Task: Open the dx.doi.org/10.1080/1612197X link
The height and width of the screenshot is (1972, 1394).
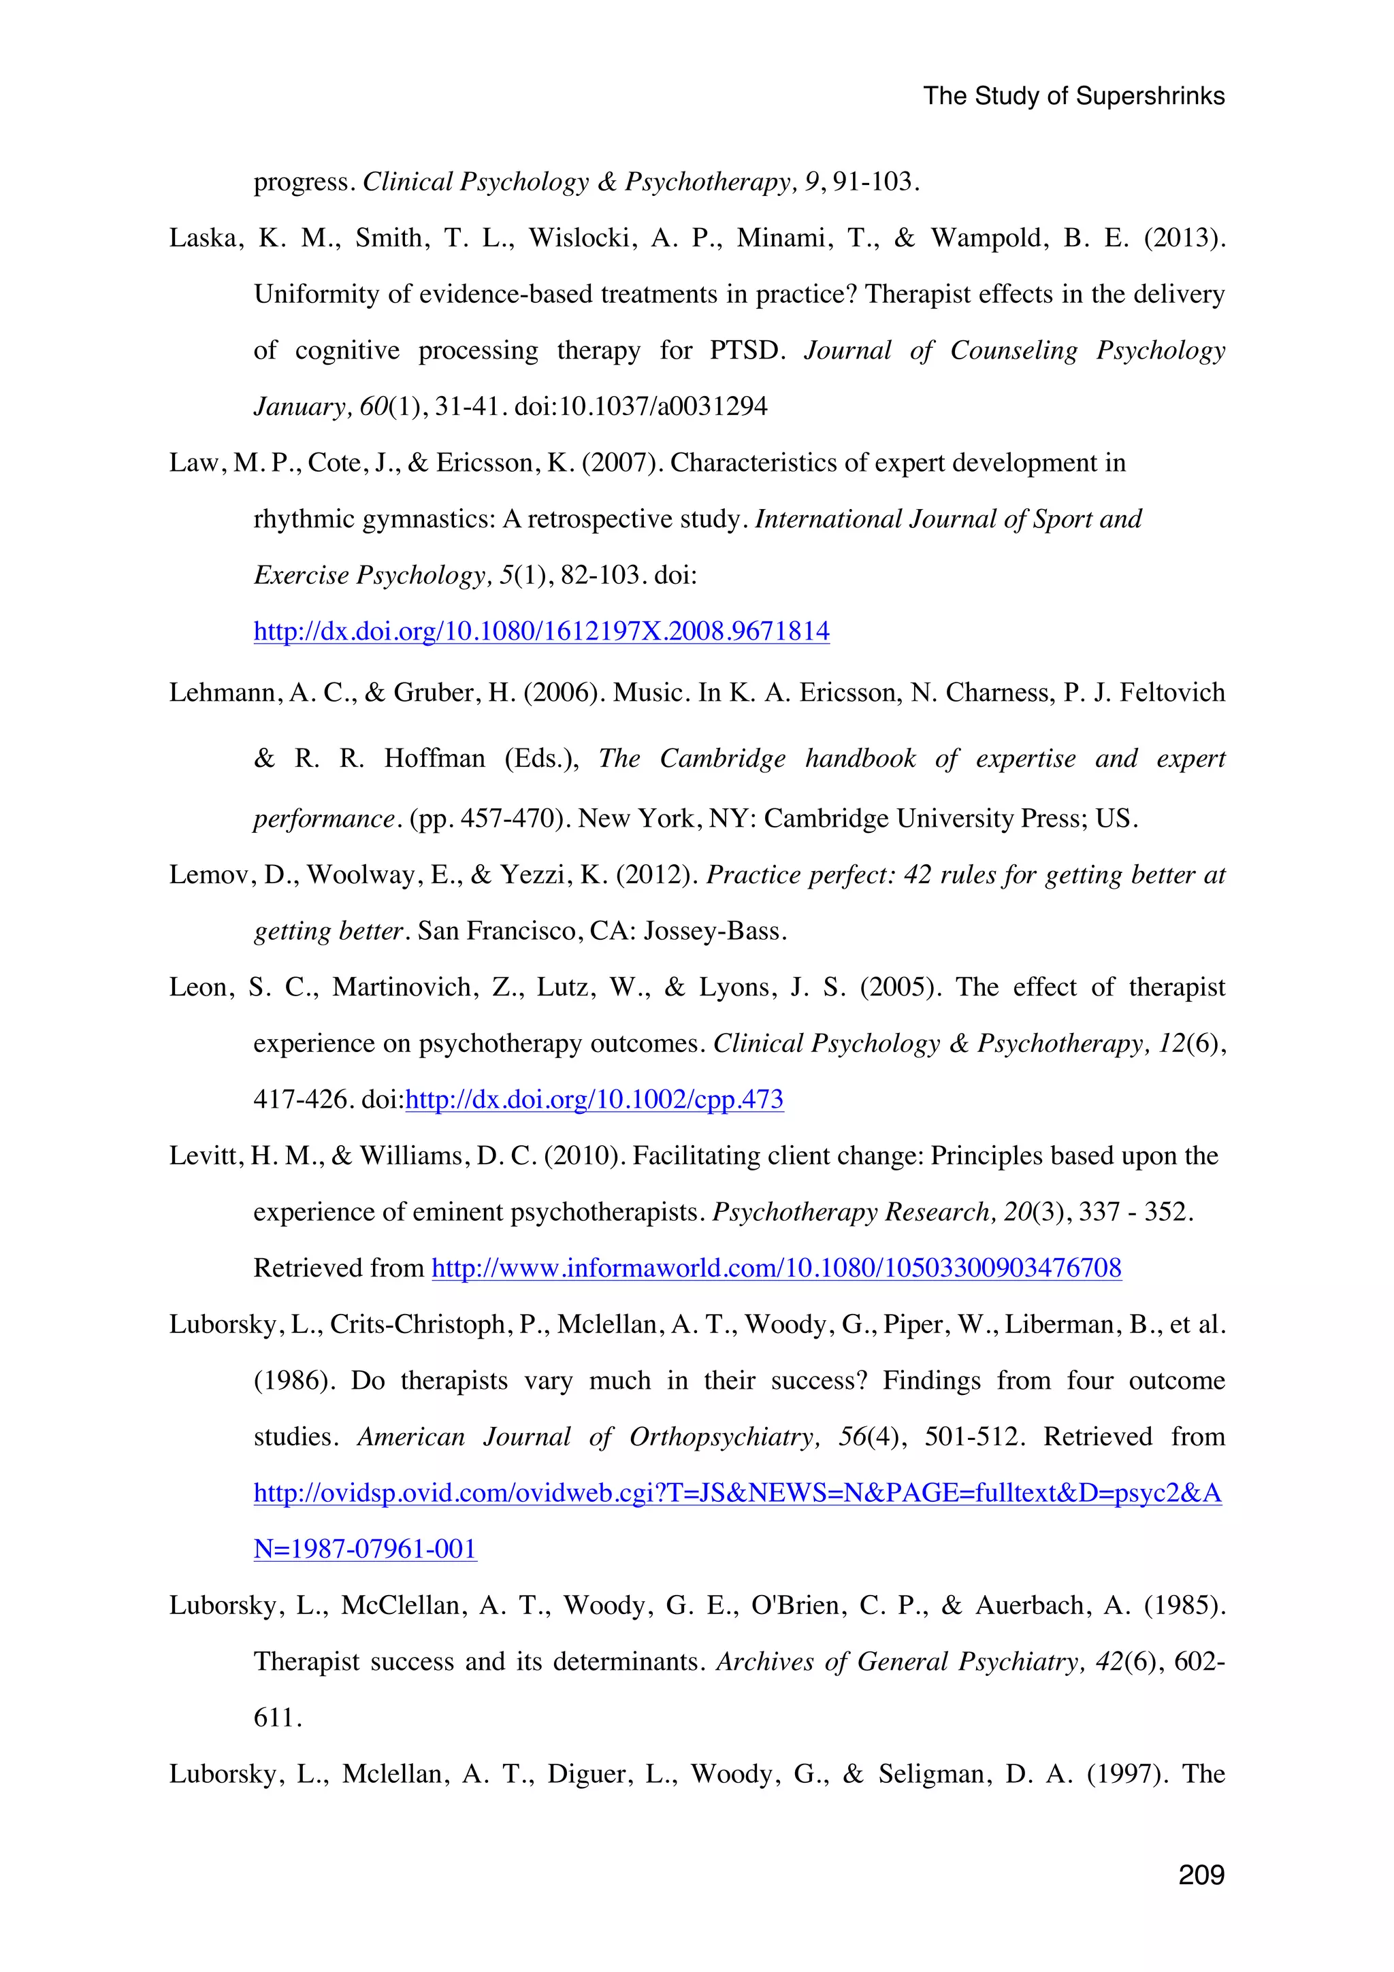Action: pos(541,631)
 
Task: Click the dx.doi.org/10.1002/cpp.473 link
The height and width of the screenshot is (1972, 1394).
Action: pos(594,1100)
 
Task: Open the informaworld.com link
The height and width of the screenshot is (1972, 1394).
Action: pos(775,1268)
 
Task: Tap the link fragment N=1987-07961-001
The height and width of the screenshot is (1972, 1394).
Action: pos(365,1549)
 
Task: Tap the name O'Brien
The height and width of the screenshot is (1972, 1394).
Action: pos(797,1605)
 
